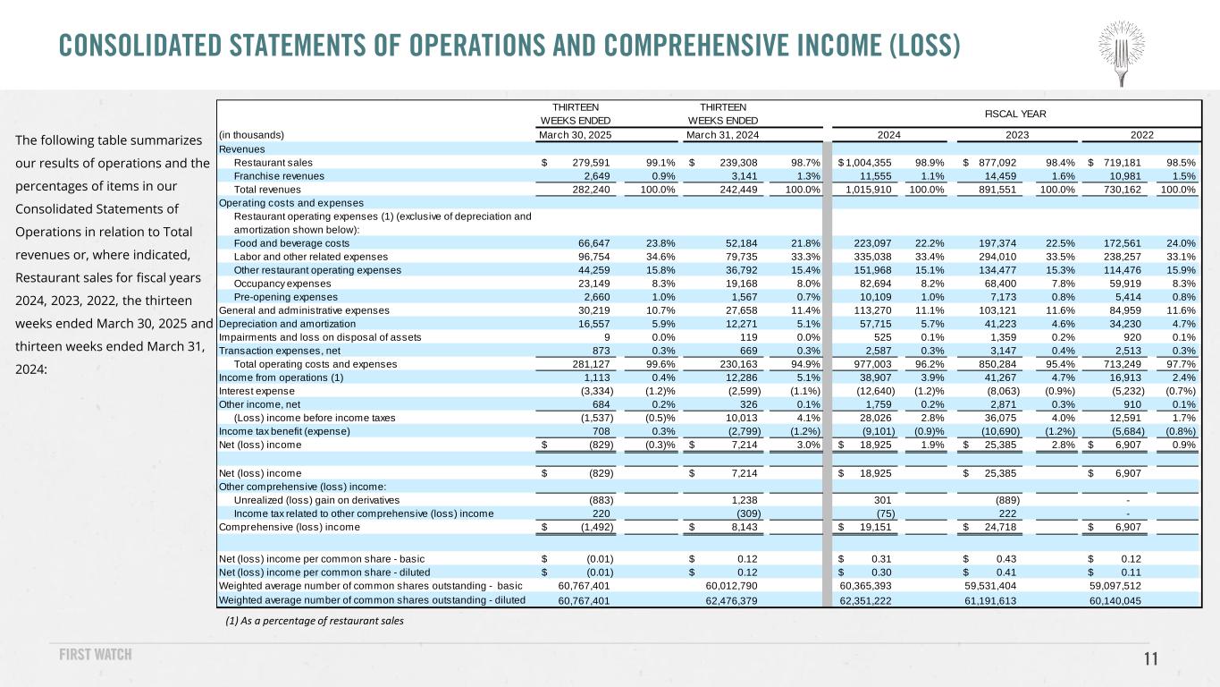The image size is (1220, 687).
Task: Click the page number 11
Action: (1151, 659)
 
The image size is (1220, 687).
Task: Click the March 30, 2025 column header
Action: (575, 135)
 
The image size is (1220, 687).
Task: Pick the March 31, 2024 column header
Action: (722, 135)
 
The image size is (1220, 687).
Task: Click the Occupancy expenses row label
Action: (282, 283)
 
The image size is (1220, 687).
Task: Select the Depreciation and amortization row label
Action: (287, 323)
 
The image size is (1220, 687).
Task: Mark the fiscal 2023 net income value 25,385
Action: (1010, 445)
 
